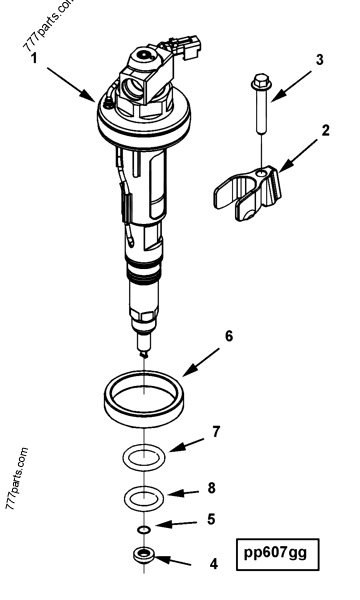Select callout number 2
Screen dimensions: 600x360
[325, 130]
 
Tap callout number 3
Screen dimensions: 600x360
[319, 60]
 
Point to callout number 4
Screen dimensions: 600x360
[212, 563]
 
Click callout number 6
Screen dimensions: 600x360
[228, 336]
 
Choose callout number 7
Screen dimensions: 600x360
[216, 432]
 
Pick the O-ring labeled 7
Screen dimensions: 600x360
[144, 456]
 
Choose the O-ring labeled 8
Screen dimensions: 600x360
[144, 497]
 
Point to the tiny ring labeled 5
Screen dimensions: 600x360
[144, 528]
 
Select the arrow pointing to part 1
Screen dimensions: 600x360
[70, 81]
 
